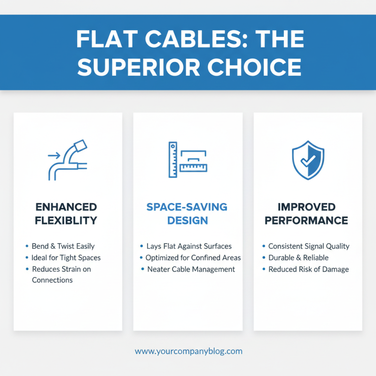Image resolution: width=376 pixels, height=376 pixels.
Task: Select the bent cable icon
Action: (x=68, y=160)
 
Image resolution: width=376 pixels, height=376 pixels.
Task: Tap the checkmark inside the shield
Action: (x=307, y=162)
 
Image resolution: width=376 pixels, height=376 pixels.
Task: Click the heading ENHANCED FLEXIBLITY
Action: (x=66, y=213)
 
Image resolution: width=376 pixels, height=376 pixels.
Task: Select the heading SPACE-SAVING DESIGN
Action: (x=187, y=213)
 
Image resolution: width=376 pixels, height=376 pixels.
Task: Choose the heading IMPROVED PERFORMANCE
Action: (x=306, y=213)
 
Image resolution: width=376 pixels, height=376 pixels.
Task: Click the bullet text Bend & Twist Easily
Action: (x=63, y=246)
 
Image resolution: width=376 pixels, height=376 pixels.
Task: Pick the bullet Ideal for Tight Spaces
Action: (x=66, y=258)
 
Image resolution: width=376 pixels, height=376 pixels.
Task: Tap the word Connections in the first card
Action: (x=52, y=280)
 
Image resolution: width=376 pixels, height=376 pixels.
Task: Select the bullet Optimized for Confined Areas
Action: (x=193, y=258)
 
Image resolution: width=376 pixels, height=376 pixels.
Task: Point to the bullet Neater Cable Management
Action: (x=191, y=269)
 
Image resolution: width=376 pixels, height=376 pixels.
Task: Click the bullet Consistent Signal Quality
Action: (x=309, y=246)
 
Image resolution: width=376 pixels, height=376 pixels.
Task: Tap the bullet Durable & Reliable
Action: (x=298, y=258)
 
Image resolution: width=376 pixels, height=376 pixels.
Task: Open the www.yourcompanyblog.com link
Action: (x=188, y=351)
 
